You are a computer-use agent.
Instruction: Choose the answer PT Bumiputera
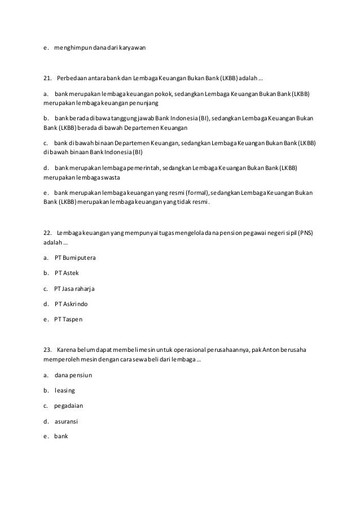click(75, 258)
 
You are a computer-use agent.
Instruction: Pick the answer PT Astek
click(67, 273)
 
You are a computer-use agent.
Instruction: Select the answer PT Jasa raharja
click(74, 289)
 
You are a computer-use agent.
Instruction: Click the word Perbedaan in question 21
click(71, 77)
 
